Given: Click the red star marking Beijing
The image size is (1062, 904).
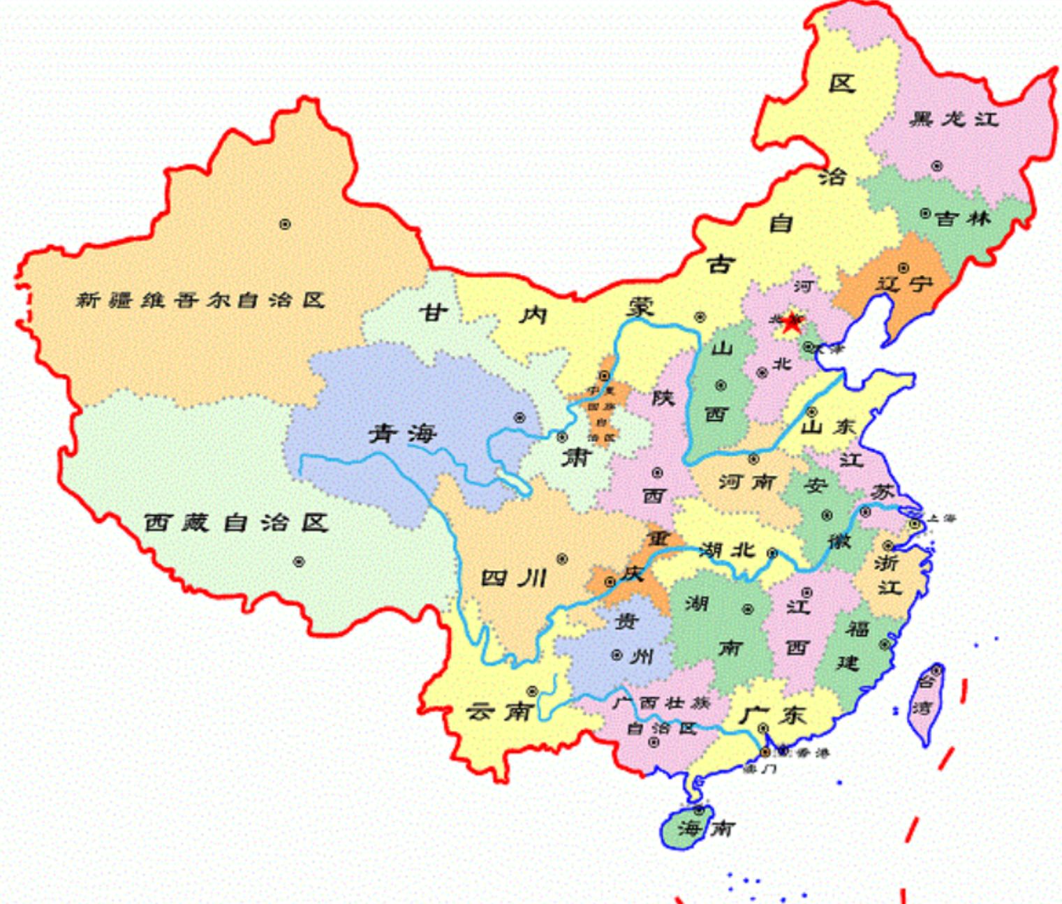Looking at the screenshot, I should pos(792,323).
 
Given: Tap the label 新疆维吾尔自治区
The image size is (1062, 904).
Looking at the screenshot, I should pos(200,300).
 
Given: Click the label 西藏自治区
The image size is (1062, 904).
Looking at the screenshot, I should pos(236,522).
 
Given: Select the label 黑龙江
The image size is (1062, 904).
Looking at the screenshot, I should pos(954,119).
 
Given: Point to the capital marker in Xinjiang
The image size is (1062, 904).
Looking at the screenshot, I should pos(285,224).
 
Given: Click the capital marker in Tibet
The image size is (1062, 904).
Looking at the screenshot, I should pos(299,561).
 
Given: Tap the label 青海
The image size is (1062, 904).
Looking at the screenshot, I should pos(403,434).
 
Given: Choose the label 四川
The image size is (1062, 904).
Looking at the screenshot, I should pos(514,578).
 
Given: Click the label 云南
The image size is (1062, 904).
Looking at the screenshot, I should pos(500,711).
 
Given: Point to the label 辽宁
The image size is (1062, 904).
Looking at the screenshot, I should pos(905,284).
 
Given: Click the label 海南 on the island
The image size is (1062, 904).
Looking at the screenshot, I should pos(705,829).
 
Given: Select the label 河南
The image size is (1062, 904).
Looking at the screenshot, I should pos(747,482).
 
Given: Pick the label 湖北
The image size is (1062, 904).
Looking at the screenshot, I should pos(727,550).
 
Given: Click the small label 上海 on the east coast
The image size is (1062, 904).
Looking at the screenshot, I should pos(939,518).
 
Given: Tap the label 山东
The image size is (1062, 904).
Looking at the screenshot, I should pos(828,426).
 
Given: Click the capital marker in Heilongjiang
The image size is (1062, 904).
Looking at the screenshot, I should pos(936,166).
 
